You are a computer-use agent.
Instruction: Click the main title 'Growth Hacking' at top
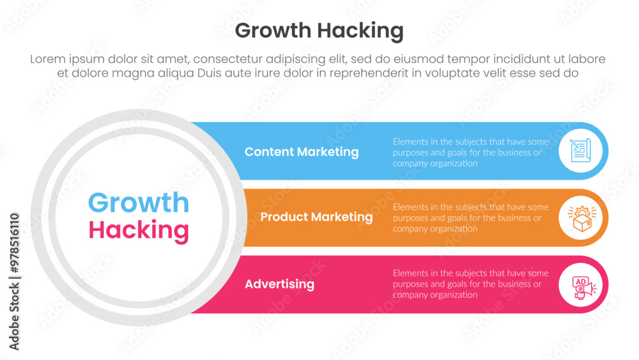click(x=319, y=31)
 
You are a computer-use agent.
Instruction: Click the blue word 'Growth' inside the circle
click(x=139, y=203)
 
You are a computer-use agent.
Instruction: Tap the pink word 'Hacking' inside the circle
click(x=139, y=230)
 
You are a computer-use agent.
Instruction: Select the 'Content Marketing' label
click(x=302, y=152)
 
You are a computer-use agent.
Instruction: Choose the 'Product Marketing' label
click(x=316, y=217)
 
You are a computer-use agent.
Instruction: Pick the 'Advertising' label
click(x=280, y=284)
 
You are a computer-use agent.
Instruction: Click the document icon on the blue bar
click(x=581, y=150)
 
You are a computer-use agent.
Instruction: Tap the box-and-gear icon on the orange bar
click(x=582, y=217)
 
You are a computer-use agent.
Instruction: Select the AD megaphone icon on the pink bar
click(x=583, y=286)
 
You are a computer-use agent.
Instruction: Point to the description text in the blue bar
click(x=471, y=152)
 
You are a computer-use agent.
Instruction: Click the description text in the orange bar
click(x=471, y=217)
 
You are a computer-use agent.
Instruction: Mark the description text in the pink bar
click(x=471, y=284)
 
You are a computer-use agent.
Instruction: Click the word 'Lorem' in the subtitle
click(x=48, y=59)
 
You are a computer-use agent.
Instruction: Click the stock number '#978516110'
click(x=15, y=243)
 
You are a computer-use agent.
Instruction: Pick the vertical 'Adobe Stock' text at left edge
click(x=15, y=317)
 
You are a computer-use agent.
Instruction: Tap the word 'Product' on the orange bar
click(x=284, y=217)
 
